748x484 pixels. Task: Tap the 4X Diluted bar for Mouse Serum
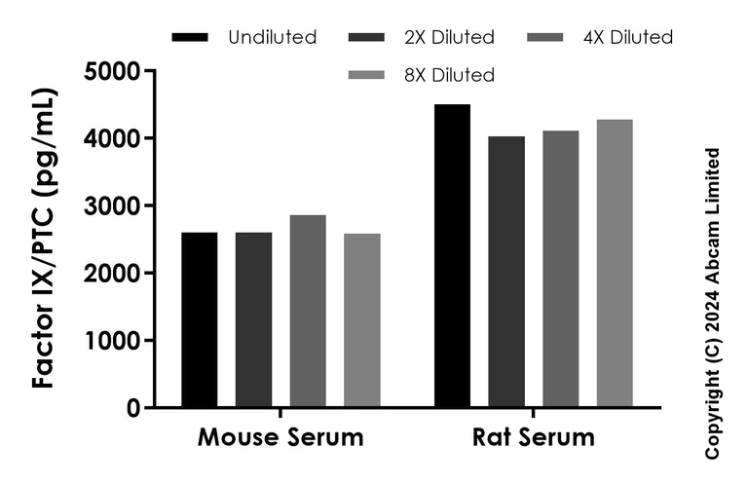[x=308, y=311]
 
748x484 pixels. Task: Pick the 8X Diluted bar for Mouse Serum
[x=362, y=320]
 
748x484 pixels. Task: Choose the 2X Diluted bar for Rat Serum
[x=506, y=272]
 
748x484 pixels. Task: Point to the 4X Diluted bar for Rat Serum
[x=561, y=269]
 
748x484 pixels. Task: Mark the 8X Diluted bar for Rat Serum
[x=615, y=263]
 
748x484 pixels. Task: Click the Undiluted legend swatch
[x=189, y=38]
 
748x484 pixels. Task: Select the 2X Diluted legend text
[x=449, y=38]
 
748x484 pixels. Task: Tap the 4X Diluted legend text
[x=628, y=38]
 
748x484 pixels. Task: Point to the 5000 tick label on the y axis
[x=111, y=71]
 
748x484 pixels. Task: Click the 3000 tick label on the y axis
[x=111, y=206]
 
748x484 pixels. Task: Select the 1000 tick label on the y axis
[x=111, y=341]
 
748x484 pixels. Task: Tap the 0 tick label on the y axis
[x=131, y=408]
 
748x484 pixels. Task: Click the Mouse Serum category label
[x=280, y=437]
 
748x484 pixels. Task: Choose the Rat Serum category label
[x=534, y=437]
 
